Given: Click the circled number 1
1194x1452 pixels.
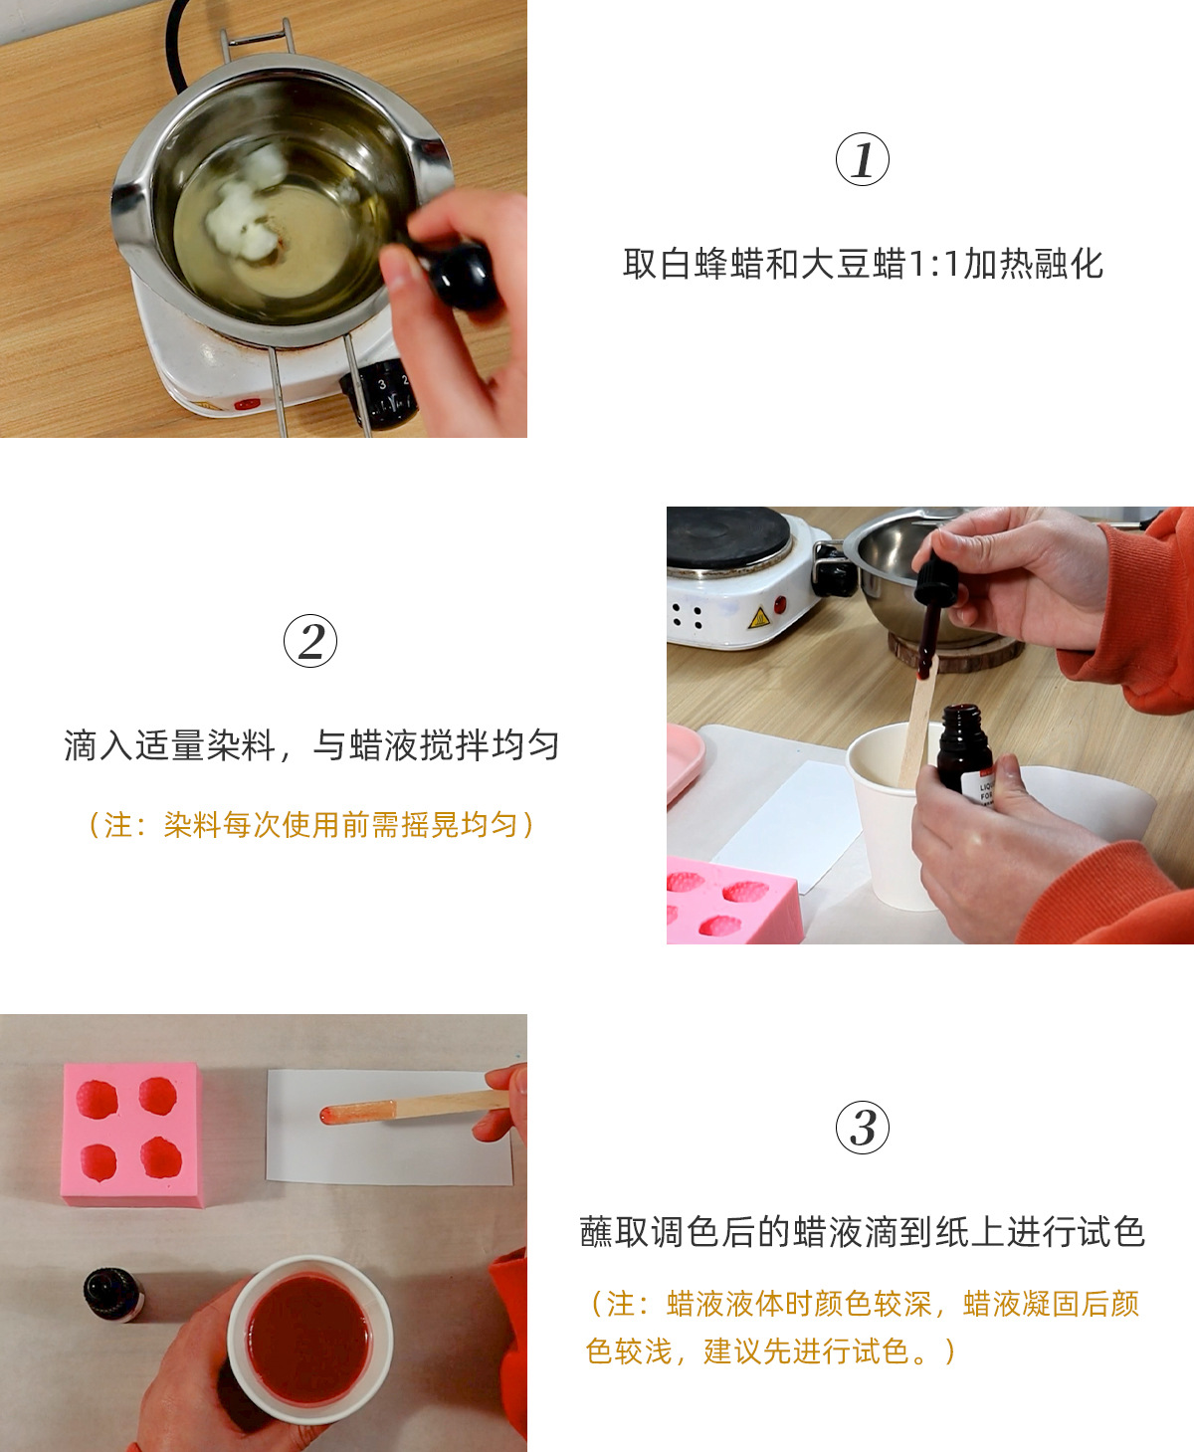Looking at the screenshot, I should (x=862, y=159).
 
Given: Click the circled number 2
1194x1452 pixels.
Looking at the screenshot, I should (x=310, y=641).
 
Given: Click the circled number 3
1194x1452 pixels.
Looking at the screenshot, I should (x=862, y=1127).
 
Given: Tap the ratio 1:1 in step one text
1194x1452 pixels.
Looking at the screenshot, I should (x=934, y=264).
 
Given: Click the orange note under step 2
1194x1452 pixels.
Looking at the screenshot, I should (x=311, y=824).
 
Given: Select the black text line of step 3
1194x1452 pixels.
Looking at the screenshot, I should (x=862, y=1232).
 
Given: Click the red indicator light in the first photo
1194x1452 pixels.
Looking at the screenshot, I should (x=246, y=404).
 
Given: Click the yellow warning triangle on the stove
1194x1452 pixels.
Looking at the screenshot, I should (x=759, y=618).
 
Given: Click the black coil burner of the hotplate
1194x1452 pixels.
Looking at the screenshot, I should (x=726, y=535).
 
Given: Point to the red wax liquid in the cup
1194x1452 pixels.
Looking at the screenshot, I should (x=308, y=1339).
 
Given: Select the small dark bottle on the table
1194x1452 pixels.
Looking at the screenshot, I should (x=112, y=1294).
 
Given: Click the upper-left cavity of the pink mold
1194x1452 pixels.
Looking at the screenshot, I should (x=98, y=1099).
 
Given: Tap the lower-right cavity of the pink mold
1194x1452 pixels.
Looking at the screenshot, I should (x=160, y=1157).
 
